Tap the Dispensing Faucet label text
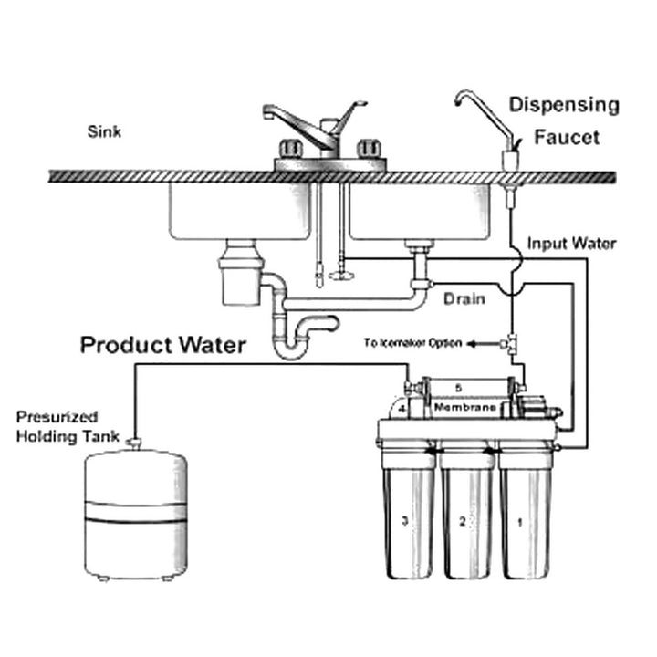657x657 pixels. [564, 120]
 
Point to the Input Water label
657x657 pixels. [572, 244]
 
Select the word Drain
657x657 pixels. [463, 298]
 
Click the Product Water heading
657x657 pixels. [162, 345]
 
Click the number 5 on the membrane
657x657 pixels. [459, 388]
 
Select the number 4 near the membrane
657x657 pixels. [401, 410]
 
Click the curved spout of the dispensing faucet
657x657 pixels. [474, 99]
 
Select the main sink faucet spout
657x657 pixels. [292, 123]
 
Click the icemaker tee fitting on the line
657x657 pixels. [512, 344]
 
